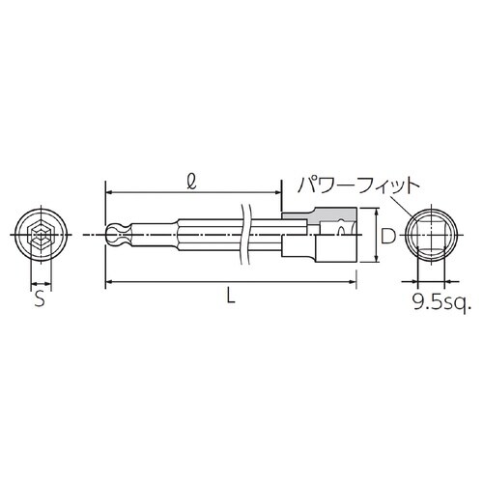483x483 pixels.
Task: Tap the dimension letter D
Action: pos(385,235)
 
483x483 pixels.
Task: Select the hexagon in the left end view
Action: pos(41,236)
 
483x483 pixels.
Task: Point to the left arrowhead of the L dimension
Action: pos(106,281)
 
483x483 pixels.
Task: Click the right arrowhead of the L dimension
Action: pos(353,281)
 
